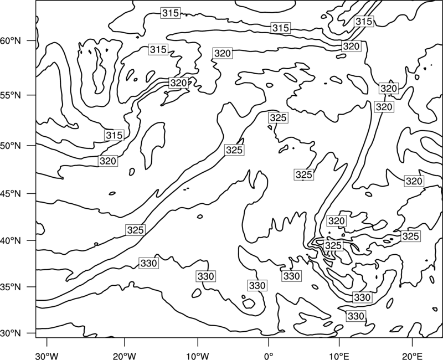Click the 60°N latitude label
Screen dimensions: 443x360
(x=11, y=41)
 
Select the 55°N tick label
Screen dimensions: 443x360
(x=11, y=95)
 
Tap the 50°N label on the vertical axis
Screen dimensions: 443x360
(x=11, y=146)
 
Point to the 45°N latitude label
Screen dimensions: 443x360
(x=11, y=193)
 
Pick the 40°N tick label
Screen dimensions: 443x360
(x=11, y=240)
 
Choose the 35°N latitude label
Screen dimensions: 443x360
(x=11, y=287)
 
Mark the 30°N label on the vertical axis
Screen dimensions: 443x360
(x=11, y=333)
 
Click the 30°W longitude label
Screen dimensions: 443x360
(x=47, y=356)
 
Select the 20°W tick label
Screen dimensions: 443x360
(x=124, y=356)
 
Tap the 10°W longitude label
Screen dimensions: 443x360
(x=198, y=356)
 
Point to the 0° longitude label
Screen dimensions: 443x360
(x=269, y=356)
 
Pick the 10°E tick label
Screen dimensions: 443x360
(x=339, y=356)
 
